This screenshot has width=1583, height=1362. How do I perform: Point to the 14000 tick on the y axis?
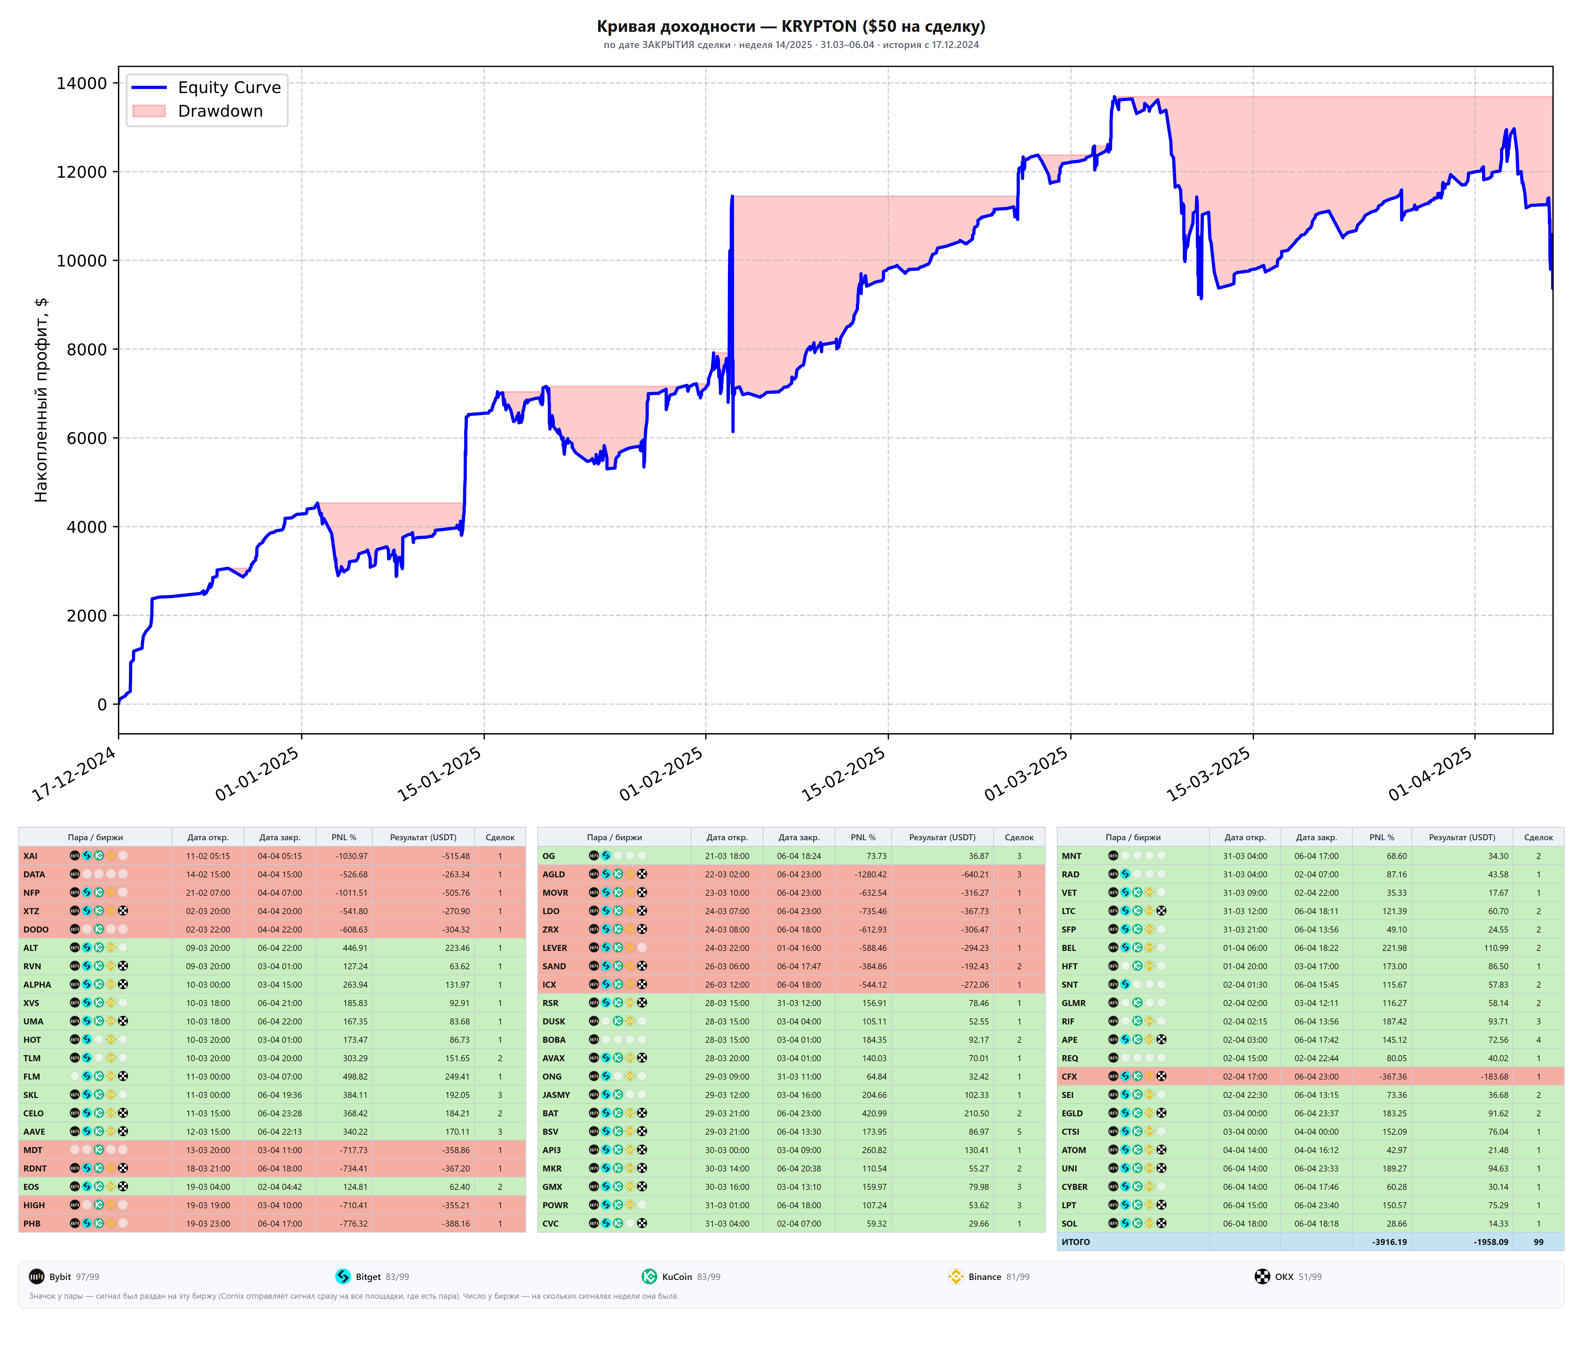[x=82, y=83]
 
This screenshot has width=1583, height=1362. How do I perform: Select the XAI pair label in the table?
[x=30, y=856]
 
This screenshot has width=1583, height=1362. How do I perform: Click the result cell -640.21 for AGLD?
[x=972, y=875]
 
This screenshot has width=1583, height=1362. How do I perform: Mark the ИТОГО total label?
[x=1076, y=1242]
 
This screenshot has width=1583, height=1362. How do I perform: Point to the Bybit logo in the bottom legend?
[x=37, y=1276]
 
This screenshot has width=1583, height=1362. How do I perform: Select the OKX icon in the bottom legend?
[x=1262, y=1276]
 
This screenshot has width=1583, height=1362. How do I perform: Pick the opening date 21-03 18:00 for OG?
[x=727, y=856]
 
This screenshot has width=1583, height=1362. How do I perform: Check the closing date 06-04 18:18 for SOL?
[x=1316, y=1224]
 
